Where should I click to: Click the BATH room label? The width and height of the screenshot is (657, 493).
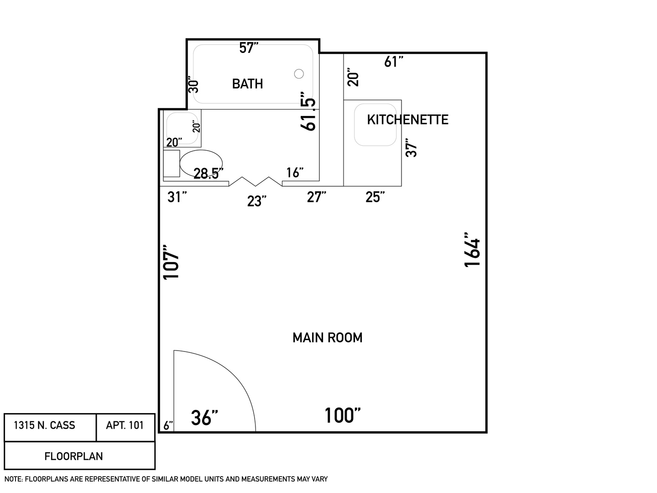(x=247, y=84)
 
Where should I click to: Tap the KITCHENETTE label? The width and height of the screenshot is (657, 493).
(x=407, y=120)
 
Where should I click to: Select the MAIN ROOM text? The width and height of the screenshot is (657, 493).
(x=327, y=338)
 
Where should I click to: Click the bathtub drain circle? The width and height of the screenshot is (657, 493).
(x=299, y=73)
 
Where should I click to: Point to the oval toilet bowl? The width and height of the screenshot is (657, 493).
(x=201, y=163)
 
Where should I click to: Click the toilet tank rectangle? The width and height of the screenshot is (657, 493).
(x=172, y=163)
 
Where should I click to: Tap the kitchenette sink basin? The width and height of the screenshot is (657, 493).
(x=375, y=125)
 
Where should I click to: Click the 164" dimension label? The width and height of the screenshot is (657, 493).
(x=472, y=250)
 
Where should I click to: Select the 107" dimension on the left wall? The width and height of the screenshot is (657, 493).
(x=171, y=262)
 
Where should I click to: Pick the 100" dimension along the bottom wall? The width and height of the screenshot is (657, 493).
(x=343, y=415)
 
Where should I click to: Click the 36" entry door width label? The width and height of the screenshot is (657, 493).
(x=204, y=418)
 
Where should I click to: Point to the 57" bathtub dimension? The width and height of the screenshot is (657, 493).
(x=249, y=48)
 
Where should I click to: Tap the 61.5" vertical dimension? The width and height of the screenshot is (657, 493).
(x=308, y=111)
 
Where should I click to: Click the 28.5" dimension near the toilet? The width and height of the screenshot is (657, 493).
(x=209, y=173)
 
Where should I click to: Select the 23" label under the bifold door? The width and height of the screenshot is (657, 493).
(x=256, y=201)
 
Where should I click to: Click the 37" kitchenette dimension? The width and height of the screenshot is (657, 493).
(x=411, y=147)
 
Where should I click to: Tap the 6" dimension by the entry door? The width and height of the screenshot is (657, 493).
(x=168, y=425)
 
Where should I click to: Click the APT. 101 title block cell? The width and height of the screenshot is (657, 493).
(x=125, y=427)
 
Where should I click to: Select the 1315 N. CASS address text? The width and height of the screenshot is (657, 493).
(x=44, y=425)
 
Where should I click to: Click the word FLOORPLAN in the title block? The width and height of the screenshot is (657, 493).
(x=73, y=456)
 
